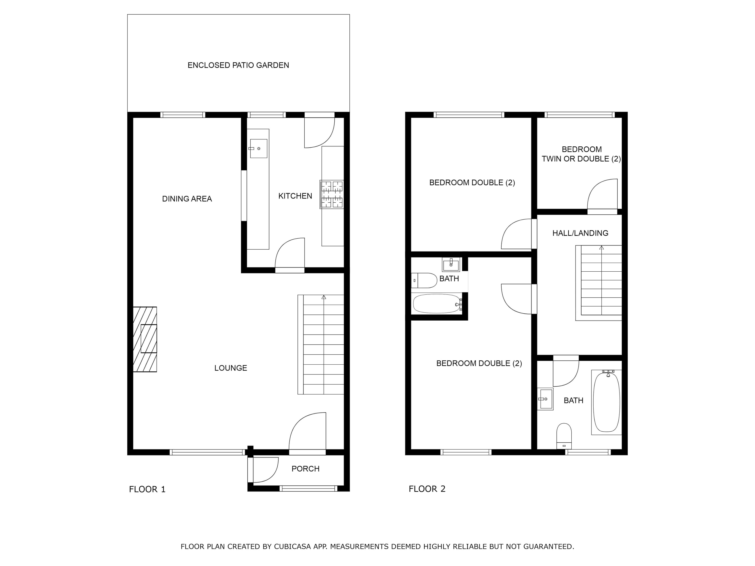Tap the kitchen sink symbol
(x=258, y=148)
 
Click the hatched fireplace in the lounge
(x=145, y=339)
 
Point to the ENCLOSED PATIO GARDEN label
(x=238, y=65)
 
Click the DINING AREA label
(x=187, y=198)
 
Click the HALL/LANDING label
(x=580, y=233)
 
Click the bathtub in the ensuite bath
(x=437, y=303)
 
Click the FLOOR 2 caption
(x=427, y=489)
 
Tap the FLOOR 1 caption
(x=147, y=489)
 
